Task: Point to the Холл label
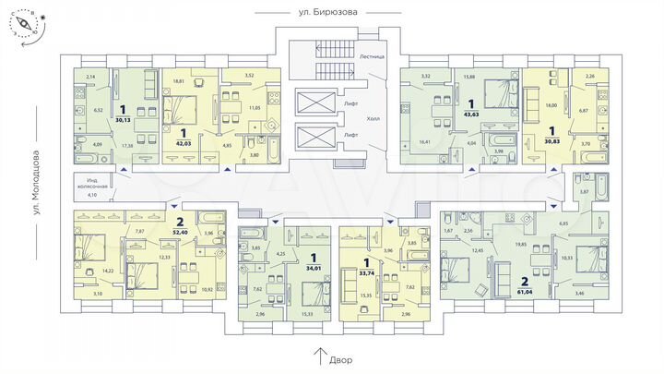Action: [373, 119]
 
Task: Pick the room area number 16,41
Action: [424, 142]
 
